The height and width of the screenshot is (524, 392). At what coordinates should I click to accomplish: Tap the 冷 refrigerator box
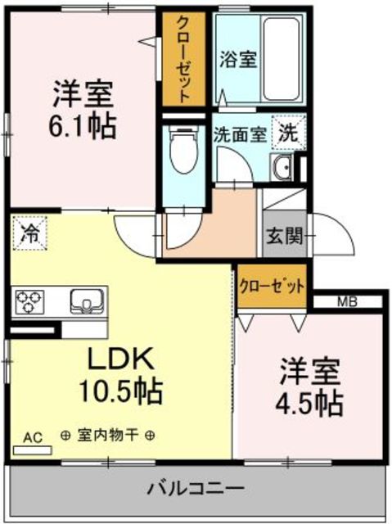tap(29, 233)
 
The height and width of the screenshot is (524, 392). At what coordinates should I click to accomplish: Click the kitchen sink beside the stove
tap(86, 300)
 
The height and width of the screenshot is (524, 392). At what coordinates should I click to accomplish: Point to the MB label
tap(347, 301)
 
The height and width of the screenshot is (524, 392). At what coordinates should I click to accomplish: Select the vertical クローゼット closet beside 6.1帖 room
tap(183, 59)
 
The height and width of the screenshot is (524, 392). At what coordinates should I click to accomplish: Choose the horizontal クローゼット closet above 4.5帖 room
tap(273, 287)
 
